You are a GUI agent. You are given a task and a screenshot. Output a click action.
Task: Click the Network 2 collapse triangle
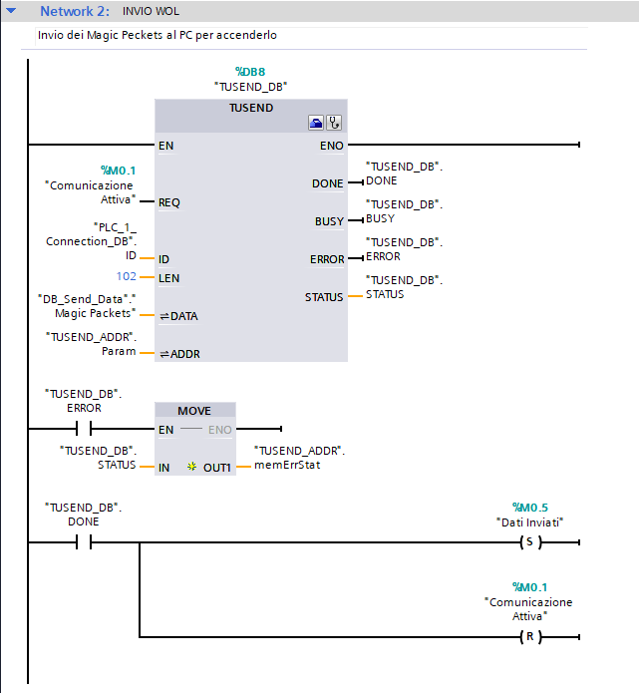pos(11,10)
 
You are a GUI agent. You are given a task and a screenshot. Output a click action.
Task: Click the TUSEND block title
pos(251,108)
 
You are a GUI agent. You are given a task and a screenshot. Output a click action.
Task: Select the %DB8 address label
pos(250,72)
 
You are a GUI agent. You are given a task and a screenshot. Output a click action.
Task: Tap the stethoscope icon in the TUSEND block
pos(334,123)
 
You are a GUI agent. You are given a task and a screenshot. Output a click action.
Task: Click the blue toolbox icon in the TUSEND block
pos(316,123)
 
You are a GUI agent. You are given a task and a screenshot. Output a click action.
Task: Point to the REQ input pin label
pos(169,202)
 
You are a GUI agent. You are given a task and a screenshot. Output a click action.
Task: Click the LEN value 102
pos(126,276)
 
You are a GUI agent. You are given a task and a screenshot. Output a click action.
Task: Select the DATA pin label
pos(179,316)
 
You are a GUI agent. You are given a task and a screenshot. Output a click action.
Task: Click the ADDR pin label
pos(179,354)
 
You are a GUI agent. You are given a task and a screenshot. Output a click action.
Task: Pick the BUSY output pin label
pos(329,221)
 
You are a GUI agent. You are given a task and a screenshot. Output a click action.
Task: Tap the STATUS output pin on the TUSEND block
pos(324,297)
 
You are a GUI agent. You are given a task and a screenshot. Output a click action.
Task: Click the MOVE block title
pos(194,411)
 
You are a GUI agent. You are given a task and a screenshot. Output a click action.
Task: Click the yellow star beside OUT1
pos(191,467)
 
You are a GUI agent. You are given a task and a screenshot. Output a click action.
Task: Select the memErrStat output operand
pos(287,465)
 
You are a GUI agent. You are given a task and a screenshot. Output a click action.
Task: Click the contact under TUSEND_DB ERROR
pos(84,429)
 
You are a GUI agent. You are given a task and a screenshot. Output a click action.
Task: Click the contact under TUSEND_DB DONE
pos(84,541)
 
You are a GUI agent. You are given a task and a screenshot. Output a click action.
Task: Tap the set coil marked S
pos(530,542)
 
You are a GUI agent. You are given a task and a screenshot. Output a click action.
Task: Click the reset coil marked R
pos(530,637)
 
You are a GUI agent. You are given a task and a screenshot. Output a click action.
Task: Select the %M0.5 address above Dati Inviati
pos(530,508)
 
